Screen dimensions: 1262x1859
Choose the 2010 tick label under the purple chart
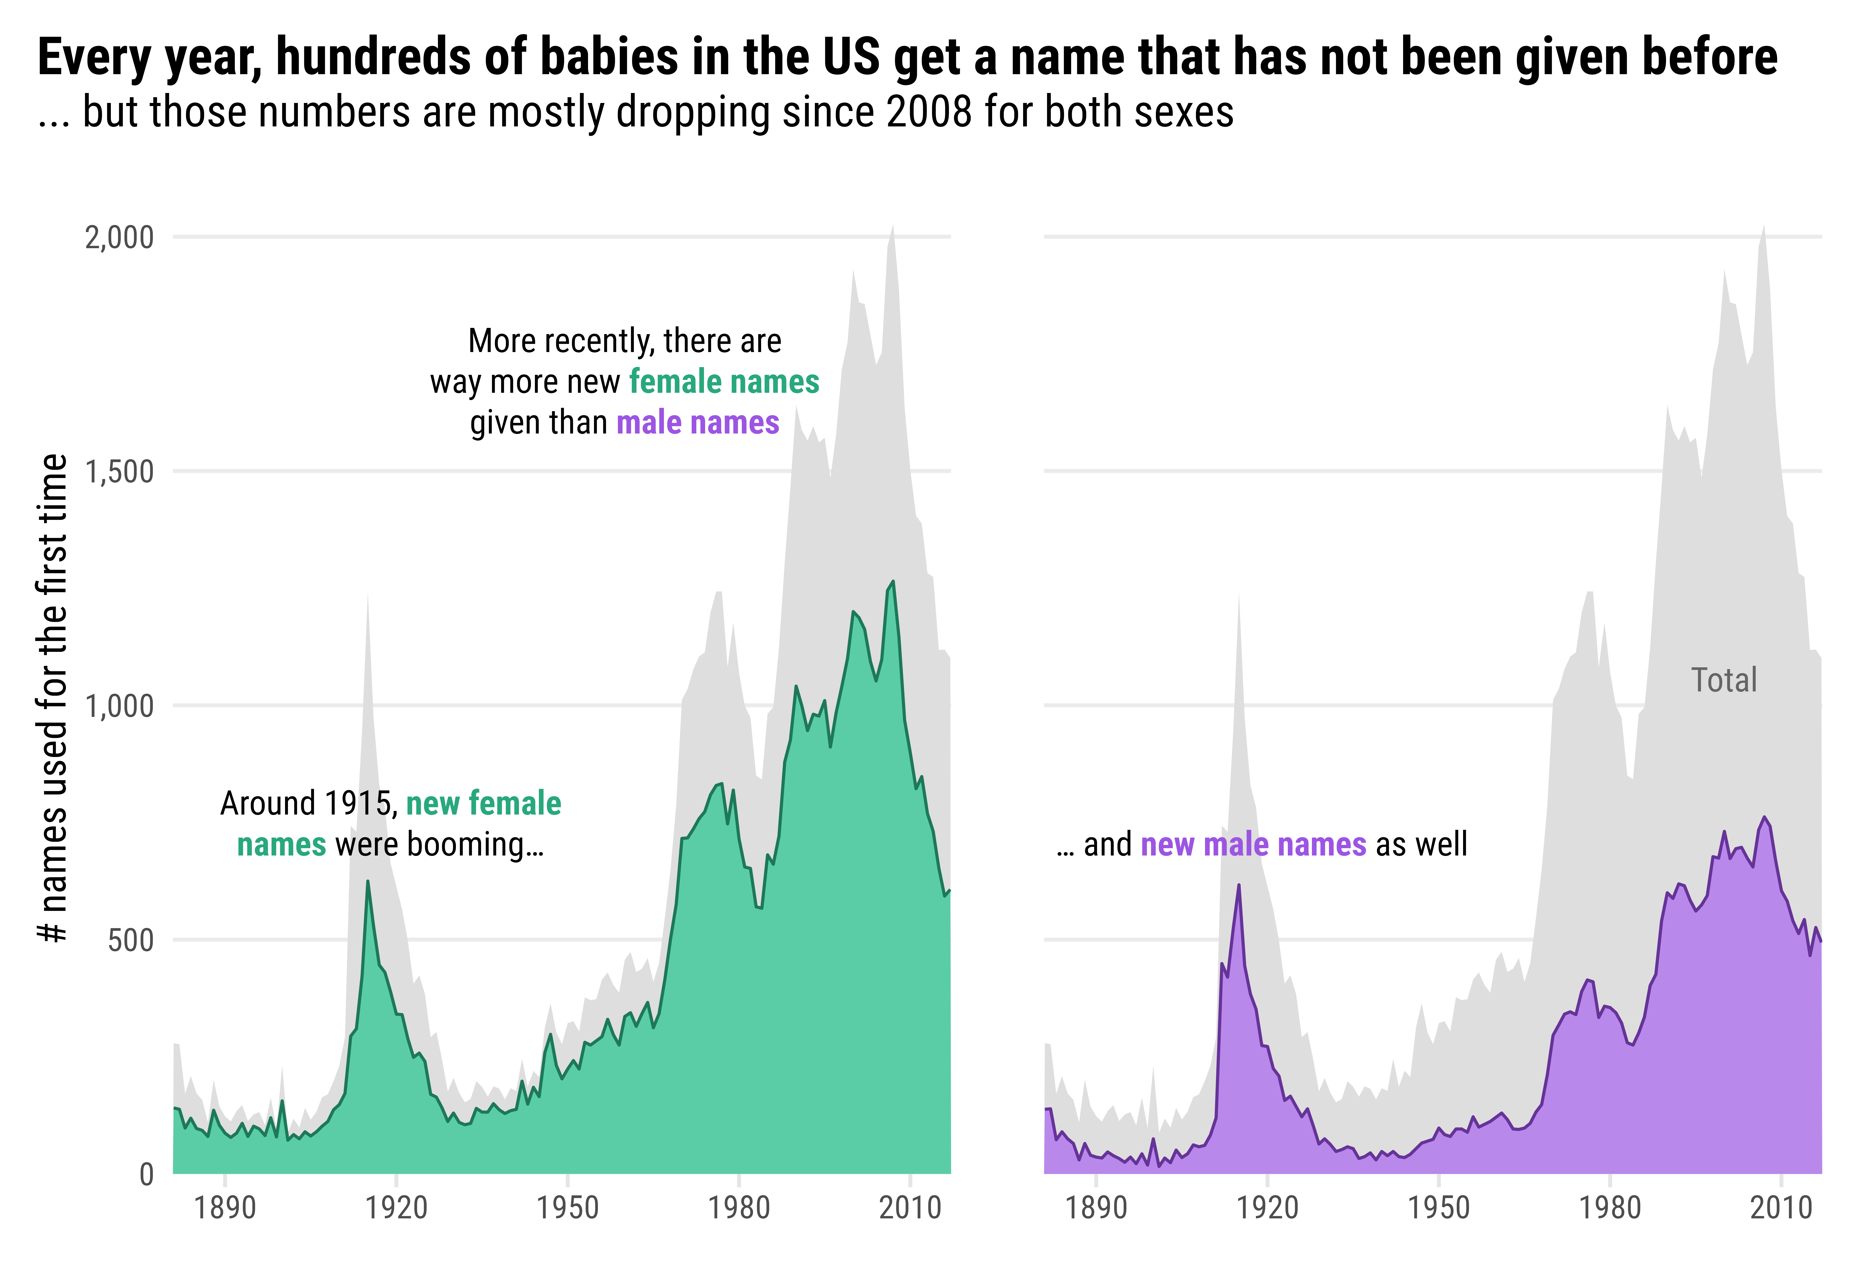pos(1781,1208)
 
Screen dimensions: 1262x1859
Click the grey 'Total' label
pos(1724,680)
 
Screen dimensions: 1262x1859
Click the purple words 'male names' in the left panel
pos(698,422)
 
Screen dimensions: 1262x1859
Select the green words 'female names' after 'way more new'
pos(724,382)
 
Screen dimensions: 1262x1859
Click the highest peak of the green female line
pos(893,582)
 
